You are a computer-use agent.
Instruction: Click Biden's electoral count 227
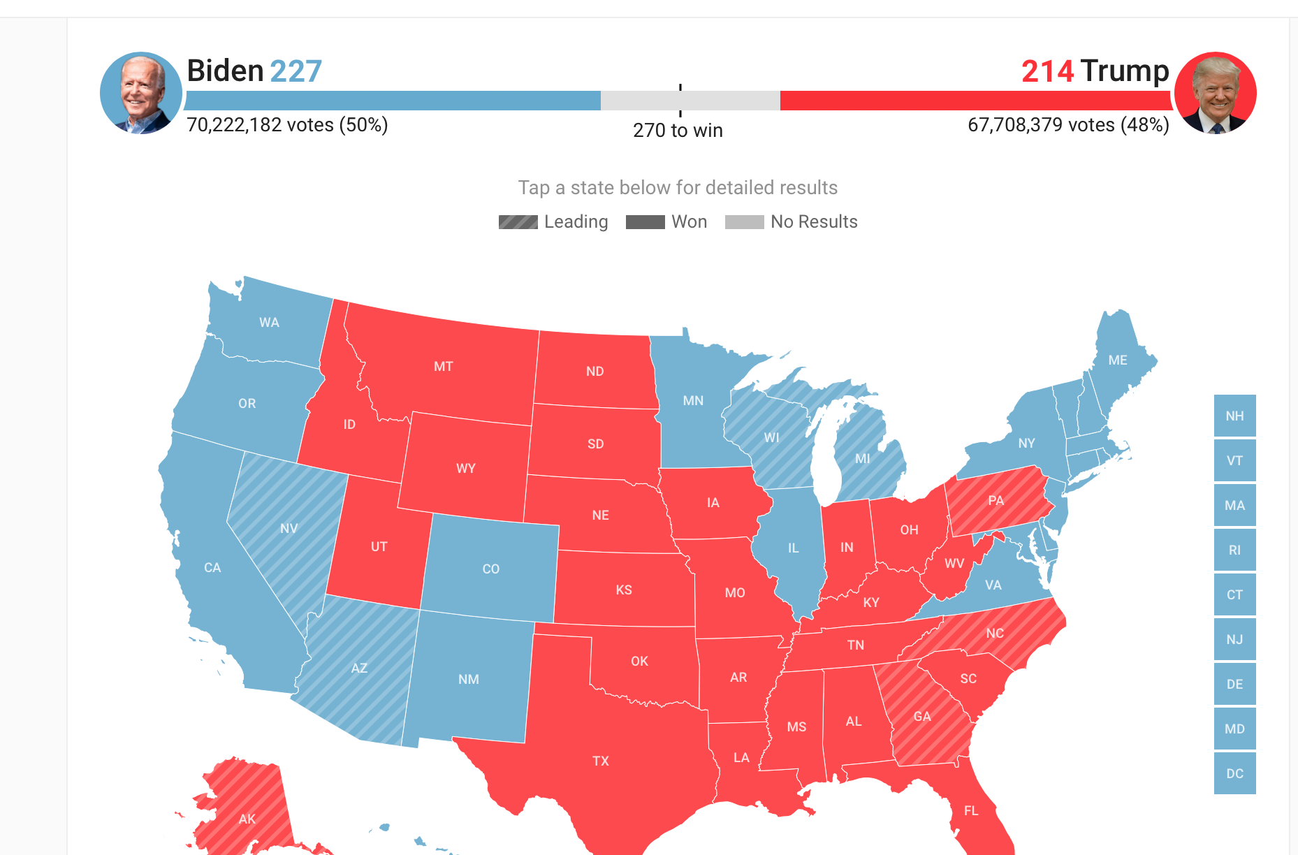click(x=296, y=71)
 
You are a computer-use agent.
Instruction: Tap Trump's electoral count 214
click(x=1047, y=71)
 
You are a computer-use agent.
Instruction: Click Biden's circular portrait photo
click(x=141, y=93)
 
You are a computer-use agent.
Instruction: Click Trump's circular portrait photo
click(x=1215, y=93)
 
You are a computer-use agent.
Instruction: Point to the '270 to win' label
click(x=678, y=131)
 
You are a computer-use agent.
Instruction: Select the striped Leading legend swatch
click(x=518, y=222)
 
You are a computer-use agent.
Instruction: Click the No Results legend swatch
click(x=744, y=222)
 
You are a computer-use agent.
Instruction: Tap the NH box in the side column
click(x=1234, y=416)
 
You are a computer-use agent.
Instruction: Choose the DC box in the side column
click(x=1234, y=773)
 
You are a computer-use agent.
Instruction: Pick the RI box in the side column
click(x=1234, y=550)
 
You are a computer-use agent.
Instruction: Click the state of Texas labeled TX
click(x=601, y=761)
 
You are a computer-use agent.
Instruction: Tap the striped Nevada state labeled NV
click(x=289, y=528)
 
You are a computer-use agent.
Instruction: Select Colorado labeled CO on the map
click(x=490, y=569)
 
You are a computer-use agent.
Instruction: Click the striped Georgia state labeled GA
click(x=922, y=716)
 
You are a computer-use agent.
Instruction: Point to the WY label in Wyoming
click(x=466, y=468)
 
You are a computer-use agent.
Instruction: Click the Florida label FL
click(x=971, y=810)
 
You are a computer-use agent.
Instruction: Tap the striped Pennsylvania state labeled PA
click(x=996, y=500)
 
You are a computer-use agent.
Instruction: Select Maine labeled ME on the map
click(x=1118, y=360)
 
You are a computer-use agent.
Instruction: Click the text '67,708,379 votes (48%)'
click(x=1068, y=125)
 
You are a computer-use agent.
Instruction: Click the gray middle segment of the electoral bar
click(x=690, y=101)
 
